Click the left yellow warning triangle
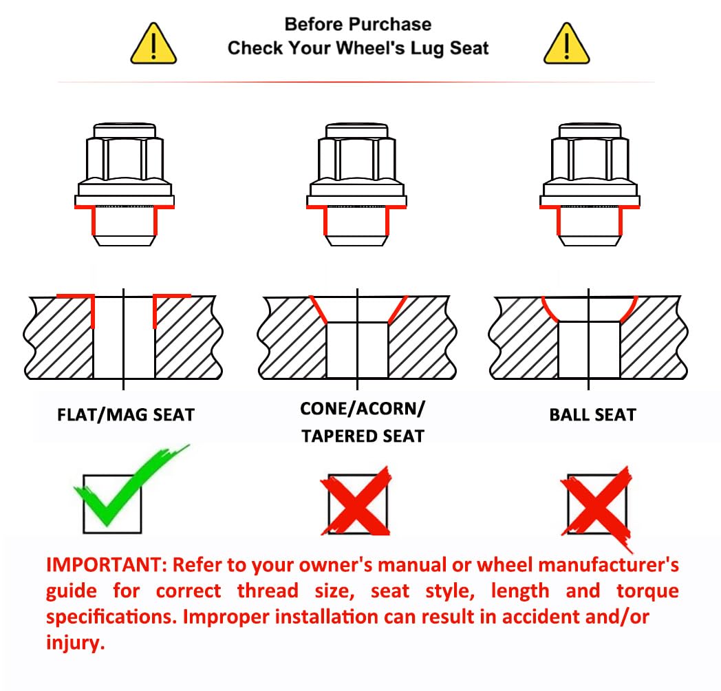point(153,44)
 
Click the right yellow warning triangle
point(566,44)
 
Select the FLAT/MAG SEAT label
point(125,415)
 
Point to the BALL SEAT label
point(593,415)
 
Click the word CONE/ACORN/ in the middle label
point(363,409)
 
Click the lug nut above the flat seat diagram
point(124,184)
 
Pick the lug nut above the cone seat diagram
point(356,184)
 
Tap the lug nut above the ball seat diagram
point(590,184)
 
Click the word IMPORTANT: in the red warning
point(106,565)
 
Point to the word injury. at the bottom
point(76,643)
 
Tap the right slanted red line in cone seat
point(398,310)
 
